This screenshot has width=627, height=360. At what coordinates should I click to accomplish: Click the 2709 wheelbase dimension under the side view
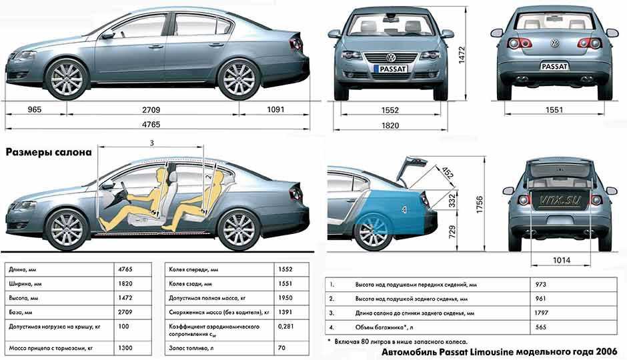click(x=151, y=110)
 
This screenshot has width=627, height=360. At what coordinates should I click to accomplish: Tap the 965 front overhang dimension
click(x=35, y=109)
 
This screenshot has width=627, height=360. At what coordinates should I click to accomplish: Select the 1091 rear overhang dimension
click(x=275, y=109)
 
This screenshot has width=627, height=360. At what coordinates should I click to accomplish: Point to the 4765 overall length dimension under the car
click(x=151, y=124)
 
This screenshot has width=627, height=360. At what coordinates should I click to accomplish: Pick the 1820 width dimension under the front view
click(x=390, y=125)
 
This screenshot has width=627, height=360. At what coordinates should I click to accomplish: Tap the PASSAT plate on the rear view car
click(x=554, y=66)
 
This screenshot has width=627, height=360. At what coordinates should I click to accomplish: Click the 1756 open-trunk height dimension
click(x=480, y=205)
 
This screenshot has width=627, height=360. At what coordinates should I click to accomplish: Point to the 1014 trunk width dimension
click(x=561, y=261)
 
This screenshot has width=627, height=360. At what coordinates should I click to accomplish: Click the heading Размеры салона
click(x=49, y=152)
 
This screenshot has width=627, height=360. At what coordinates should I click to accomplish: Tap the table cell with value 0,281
click(x=285, y=326)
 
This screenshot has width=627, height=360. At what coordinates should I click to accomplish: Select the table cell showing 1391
click(x=285, y=311)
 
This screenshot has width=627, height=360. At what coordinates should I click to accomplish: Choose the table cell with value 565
click(x=540, y=327)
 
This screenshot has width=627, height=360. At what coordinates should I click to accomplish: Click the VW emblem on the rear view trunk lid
click(x=554, y=43)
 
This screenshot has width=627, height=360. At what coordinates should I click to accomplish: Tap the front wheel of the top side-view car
click(x=67, y=79)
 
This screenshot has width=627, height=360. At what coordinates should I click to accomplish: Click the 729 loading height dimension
click(x=452, y=232)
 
